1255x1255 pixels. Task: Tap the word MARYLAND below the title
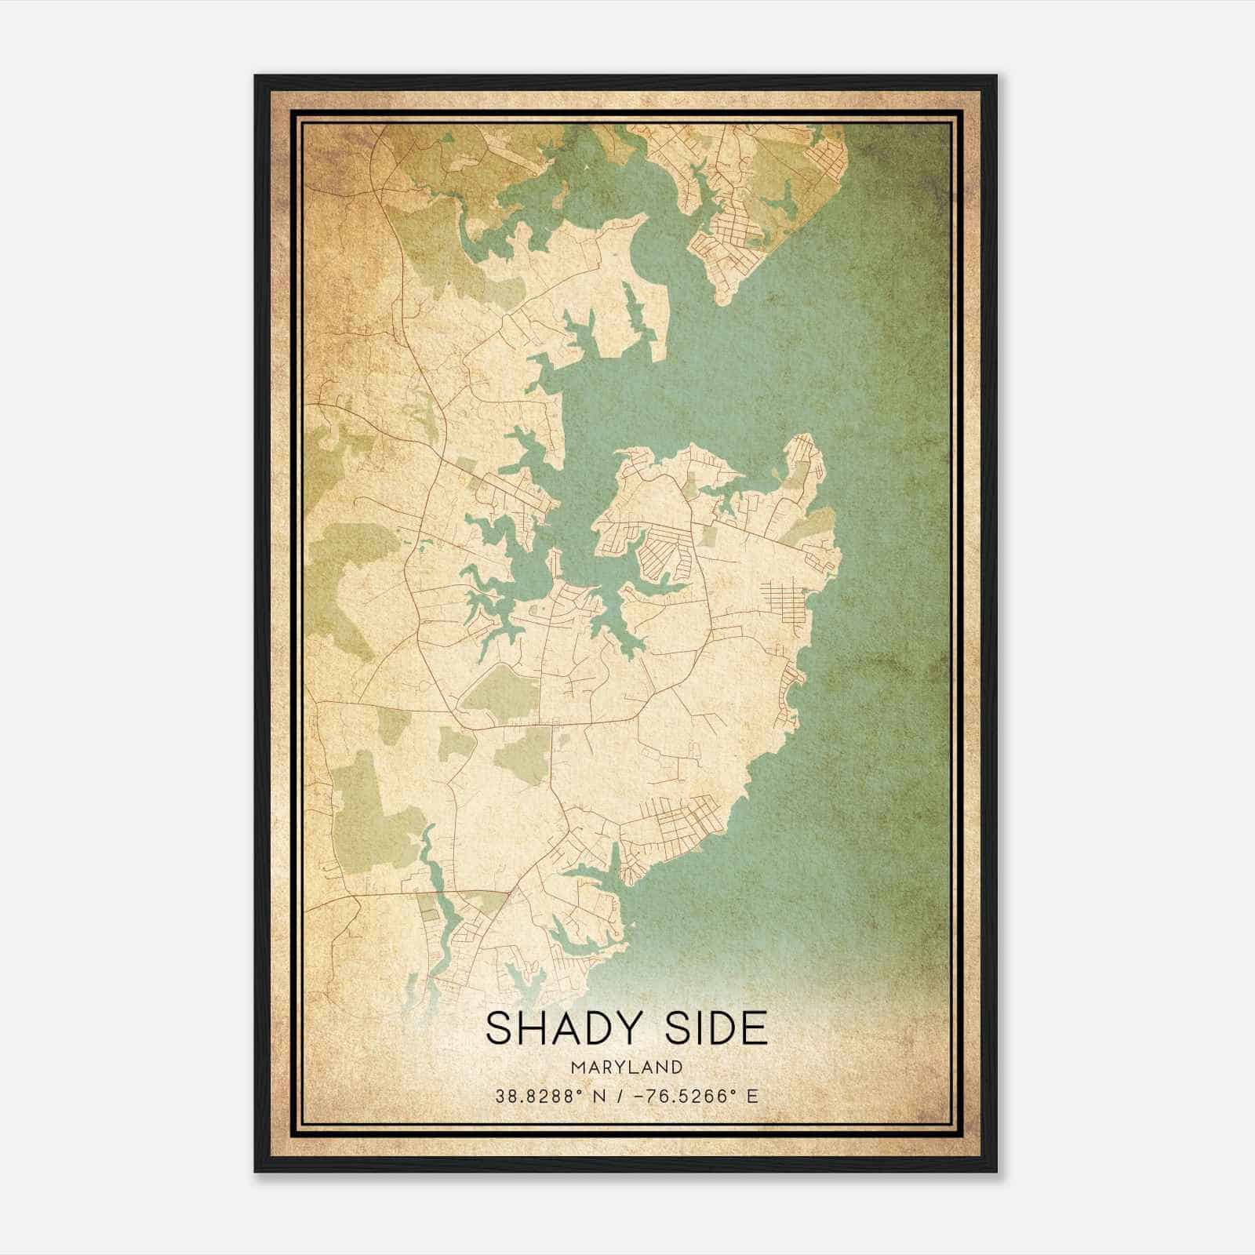pyautogui.click(x=627, y=1067)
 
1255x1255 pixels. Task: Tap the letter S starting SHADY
pyautogui.click(x=500, y=1028)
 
